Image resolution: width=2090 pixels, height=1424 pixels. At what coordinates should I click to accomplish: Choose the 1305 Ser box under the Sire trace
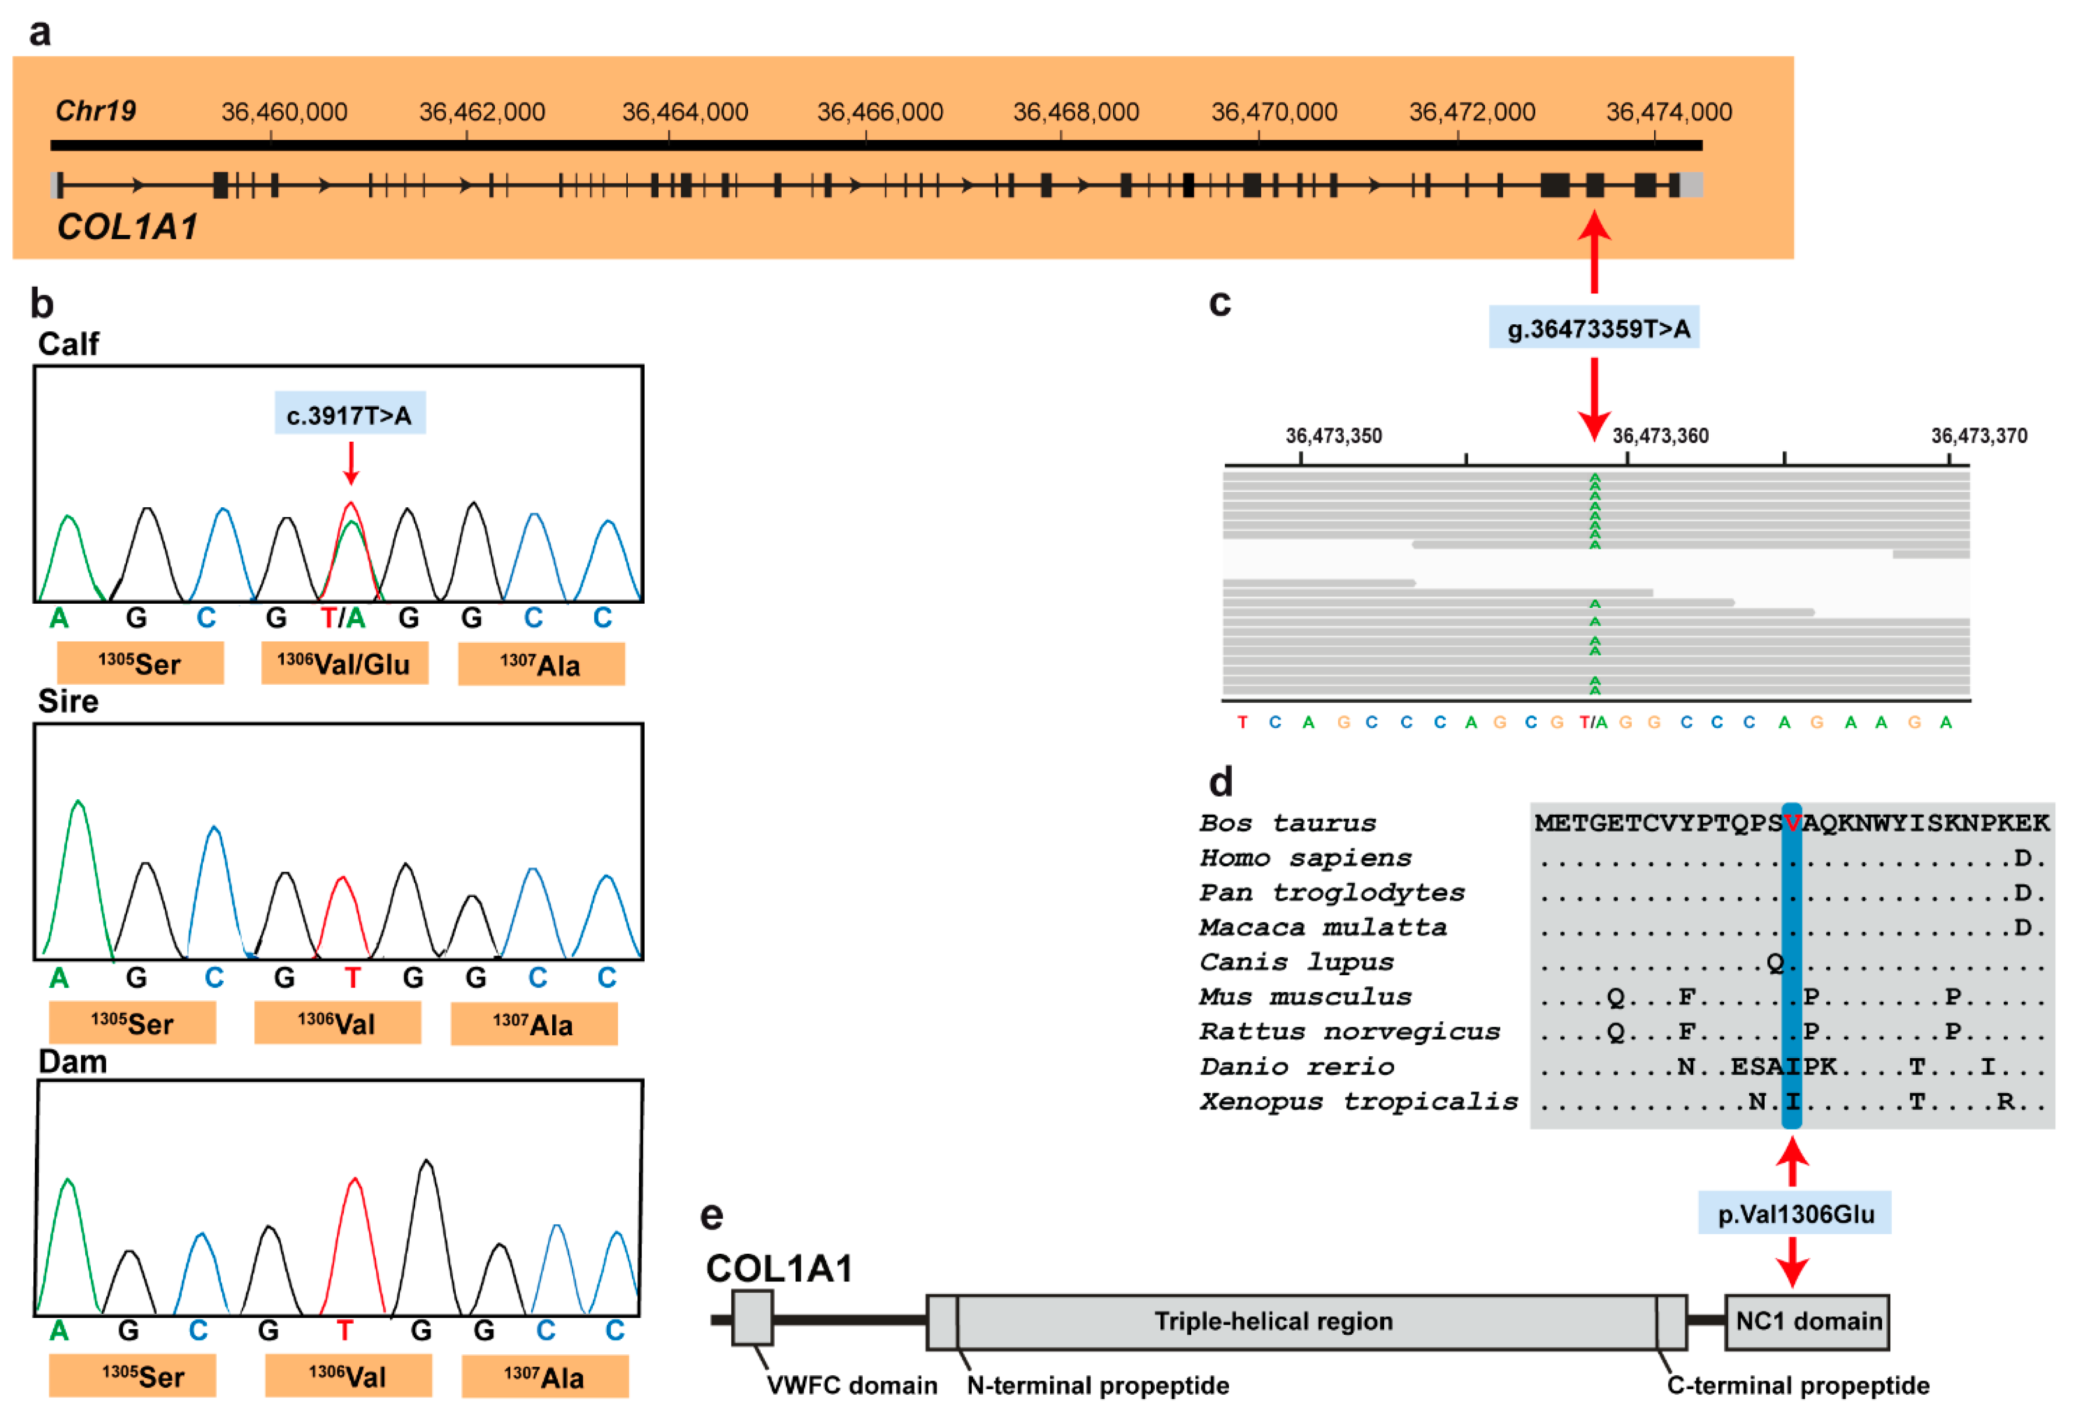coord(132,1023)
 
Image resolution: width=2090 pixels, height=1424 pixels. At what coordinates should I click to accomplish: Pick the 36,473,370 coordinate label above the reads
coord(1979,436)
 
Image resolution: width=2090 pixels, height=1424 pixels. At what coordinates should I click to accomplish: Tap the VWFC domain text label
coord(851,1386)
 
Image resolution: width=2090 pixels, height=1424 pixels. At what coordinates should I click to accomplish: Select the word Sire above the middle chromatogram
coord(68,701)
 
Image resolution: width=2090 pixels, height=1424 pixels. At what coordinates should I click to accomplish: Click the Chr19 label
coord(95,111)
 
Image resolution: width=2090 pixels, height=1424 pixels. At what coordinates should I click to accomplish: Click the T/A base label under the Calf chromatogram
coord(343,618)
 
